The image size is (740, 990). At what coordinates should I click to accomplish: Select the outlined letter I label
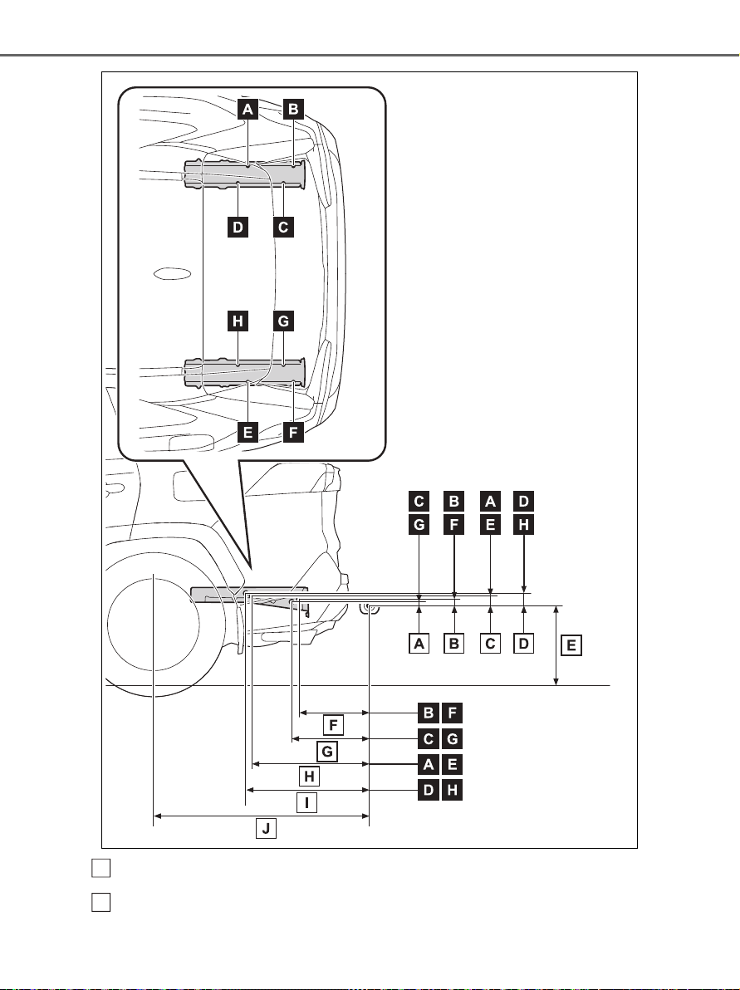[x=307, y=803]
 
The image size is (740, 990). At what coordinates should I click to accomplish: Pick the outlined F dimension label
[x=333, y=725]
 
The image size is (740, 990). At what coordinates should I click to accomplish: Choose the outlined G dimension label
[x=327, y=751]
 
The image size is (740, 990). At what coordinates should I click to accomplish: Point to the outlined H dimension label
[x=309, y=777]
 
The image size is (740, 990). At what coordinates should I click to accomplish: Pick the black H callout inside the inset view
[x=238, y=321]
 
